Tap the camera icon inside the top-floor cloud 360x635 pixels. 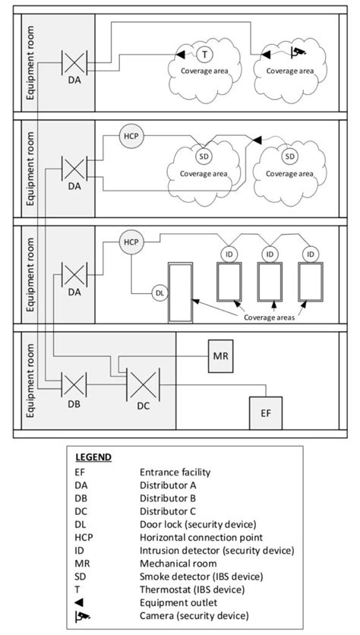298,52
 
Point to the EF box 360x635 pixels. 265,414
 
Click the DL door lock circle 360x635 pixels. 159,292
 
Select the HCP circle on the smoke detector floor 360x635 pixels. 131,137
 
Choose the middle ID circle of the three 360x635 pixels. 269,253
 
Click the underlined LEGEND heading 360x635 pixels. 93,458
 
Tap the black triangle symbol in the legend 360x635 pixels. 80,602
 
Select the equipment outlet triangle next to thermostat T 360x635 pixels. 181,54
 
